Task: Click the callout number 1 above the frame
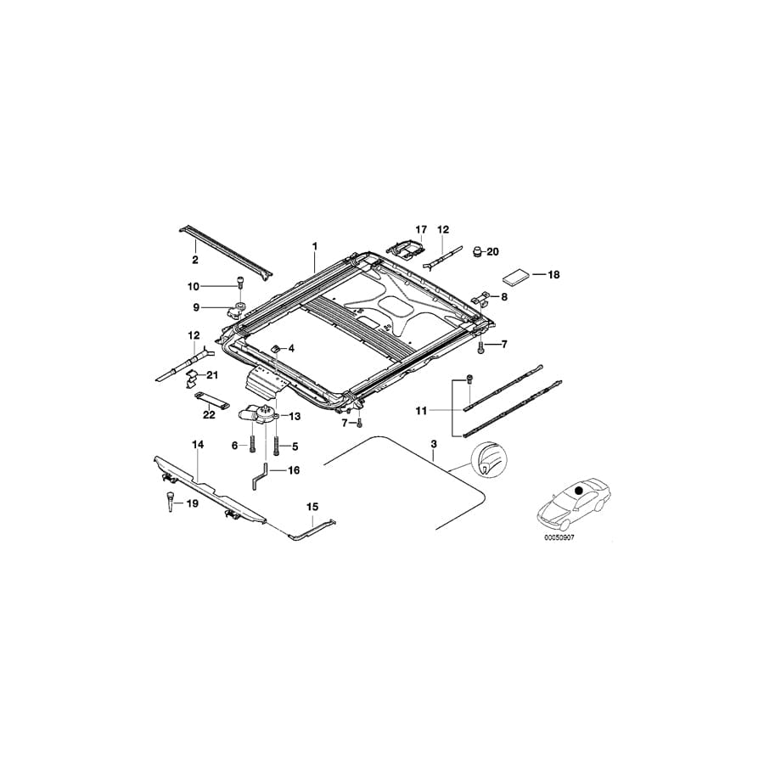[314, 246]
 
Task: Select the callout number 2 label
[194, 259]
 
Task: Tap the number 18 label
[553, 275]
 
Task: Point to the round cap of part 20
[478, 251]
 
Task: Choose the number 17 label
[419, 230]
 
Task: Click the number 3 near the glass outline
[434, 444]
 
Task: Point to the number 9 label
[194, 306]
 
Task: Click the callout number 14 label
[198, 444]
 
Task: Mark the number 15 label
[312, 507]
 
